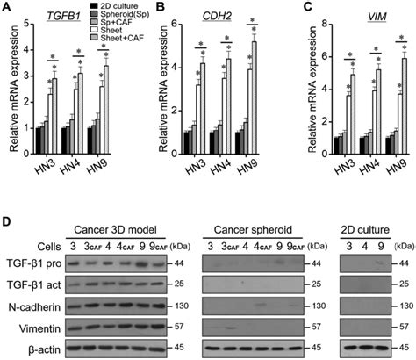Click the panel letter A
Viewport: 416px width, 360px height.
click(x=6, y=6)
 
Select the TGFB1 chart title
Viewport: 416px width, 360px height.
click(x=63, y=17)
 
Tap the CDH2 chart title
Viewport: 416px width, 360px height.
click(x=217, y=17)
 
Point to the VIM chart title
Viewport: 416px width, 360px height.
click(x=377, y=17)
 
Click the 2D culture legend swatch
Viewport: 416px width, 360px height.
click(x=94, y=6)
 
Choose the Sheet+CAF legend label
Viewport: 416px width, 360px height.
click(x=122, y=38)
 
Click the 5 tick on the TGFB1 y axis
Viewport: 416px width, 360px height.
click(x=26, y=24)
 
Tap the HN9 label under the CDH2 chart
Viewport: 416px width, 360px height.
click(x=247, y=166)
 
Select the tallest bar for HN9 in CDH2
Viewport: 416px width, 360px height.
click(x=255, y=97)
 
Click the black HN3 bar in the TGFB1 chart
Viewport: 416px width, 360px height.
click(x=38, y=140)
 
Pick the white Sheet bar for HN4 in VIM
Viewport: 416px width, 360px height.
click(x=375, y=122)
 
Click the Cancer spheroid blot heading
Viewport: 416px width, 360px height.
click(x=253, y=230)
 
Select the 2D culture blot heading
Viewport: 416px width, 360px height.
click(x=365, y=230)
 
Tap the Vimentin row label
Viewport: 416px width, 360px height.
click(x=39, y=328)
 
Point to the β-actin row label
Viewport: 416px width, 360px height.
click(x=45, y=349)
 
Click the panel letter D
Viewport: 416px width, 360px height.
click(x=6, y=221)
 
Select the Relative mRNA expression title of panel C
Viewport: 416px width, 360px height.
click(x=312, y=90)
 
